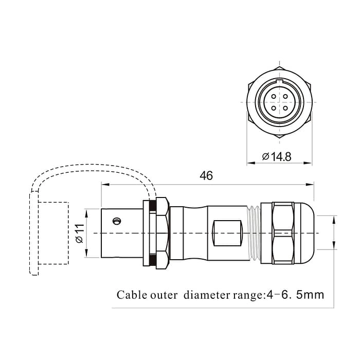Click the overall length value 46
[206, 176]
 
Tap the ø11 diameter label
[79, 233]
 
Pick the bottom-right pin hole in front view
[286, 108]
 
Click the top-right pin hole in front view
[286, 95]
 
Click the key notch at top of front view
[279, 81]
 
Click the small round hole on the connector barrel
[117, 221]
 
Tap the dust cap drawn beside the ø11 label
[53, 233]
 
